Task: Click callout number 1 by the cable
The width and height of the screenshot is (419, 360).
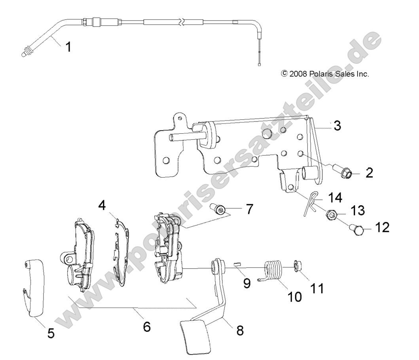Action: click(68, 47)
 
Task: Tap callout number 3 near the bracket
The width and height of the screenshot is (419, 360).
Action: click(337, 126)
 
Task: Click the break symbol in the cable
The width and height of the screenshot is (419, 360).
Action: click(182, 22)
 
